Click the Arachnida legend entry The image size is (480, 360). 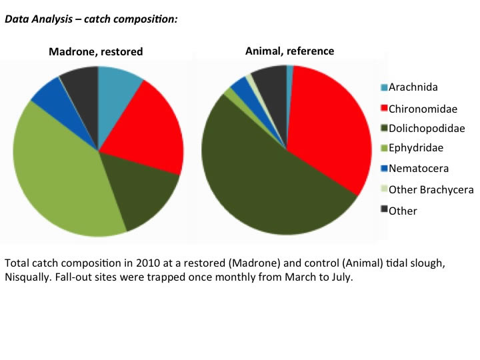click(x=413, y=87)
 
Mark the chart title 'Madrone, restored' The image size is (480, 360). click(x=95, y=51)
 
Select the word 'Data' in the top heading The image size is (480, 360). click(x=16, y=19)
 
